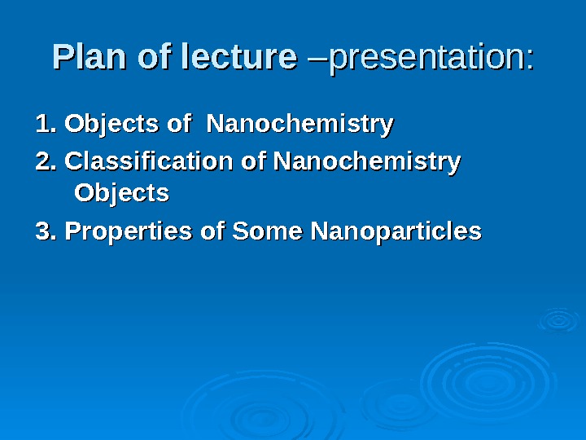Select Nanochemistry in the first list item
pyautogui.click(x=300, y=125)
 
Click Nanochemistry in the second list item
pyautogui.click(x=367, y=162)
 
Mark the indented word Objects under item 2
pyautogui.click(x=122, y=194)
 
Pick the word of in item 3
pyautogui.click(x=213, y=231)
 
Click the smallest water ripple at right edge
pyautogui.click(x=559, y=319)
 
